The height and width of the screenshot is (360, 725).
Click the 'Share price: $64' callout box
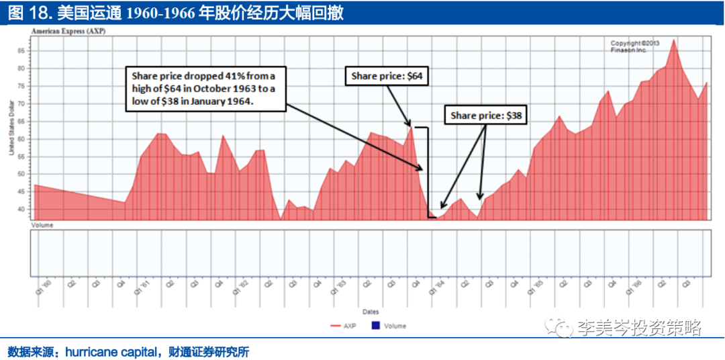tap(387, 76)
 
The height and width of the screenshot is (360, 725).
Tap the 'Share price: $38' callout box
tap(485, 116)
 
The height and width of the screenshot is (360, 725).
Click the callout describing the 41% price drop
tap(206, 87)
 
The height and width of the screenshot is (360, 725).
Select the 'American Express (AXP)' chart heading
tap(68, 31)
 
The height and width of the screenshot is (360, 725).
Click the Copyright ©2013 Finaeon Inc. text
tap(634, 46)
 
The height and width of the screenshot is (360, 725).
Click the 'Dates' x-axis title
tap(371, 312)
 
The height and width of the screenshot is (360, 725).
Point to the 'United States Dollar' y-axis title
tap(12, 127)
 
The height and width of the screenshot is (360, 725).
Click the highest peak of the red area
tap(673, 40)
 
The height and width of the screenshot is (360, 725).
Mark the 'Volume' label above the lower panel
tap(42, 225)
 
